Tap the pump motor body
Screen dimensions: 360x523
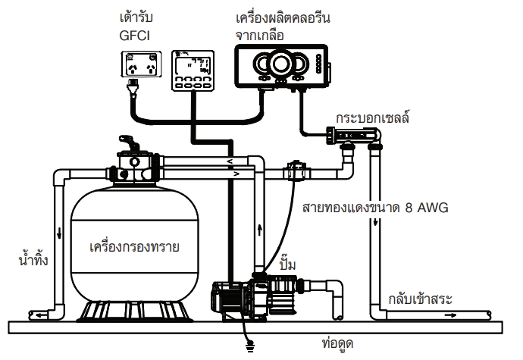click(x=236, y=299)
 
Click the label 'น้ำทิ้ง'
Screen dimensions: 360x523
click(x=32, y=261)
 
